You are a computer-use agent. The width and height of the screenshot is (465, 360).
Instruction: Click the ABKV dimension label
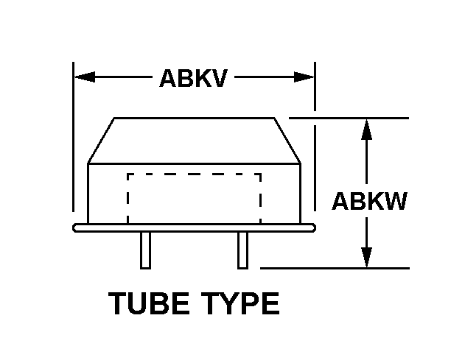tap(193, 78)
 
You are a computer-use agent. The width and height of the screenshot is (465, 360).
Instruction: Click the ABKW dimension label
tap(368, 201)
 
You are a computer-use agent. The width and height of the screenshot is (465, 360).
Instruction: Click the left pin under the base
tap(146, 250)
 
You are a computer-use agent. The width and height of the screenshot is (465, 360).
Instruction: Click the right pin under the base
tap(242, 250)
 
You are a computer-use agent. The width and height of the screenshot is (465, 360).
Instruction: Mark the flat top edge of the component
tap(194, 118)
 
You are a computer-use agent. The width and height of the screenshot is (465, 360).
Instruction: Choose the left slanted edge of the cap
tap(101, 140)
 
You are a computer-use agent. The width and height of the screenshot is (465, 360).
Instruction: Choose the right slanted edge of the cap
tap(287, 140)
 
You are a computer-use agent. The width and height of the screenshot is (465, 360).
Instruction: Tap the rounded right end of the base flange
tap(312, 227)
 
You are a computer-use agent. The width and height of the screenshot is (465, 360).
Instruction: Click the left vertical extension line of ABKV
tap(73, 147)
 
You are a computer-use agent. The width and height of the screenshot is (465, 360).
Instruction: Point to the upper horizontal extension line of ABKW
tap(346, 118)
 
